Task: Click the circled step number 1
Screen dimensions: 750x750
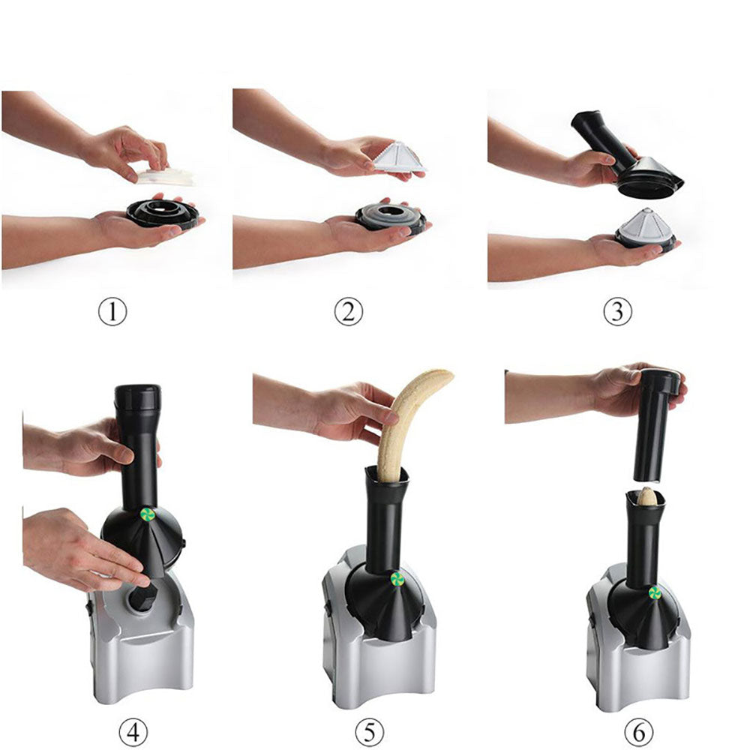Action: pos(112,312)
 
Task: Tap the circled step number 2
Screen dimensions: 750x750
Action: pos(348,312)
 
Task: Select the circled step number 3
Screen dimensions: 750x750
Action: pos(617,312)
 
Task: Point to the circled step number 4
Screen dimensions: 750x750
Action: pos(133,731)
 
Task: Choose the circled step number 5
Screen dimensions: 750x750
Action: pos(369,731)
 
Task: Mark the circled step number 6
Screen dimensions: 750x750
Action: pos(638,731)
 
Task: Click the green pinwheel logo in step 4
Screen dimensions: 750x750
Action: pos(147,514)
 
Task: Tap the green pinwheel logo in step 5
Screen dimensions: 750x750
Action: pos(397,579)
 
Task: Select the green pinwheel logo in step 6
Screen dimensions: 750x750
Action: pos(655,593)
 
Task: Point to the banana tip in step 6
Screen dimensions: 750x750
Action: pos(646,496)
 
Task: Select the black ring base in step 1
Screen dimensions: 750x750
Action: pos(163,214)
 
